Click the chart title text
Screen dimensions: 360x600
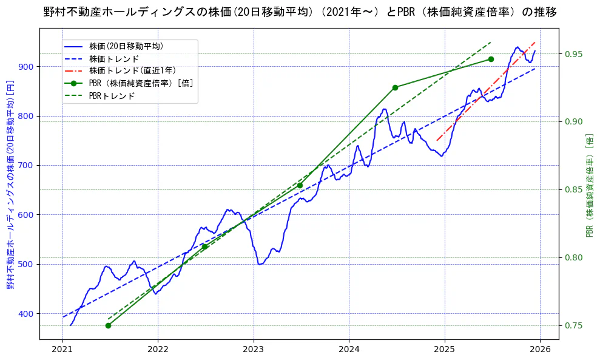(x=300, y=12)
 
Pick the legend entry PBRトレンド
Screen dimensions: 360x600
(x=112, y=96)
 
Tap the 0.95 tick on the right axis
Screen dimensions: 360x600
(x=574, y=54)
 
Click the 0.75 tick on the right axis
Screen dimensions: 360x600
(x=574, y=325)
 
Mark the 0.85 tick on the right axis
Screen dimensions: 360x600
(x=574, y=189)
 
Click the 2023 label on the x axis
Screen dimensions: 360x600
(x=254, y=350)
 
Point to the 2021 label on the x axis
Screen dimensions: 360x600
(x=62, y=350)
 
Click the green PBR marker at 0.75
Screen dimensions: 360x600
(x=108, y=325)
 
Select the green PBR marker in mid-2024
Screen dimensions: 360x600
(x=395, y=87)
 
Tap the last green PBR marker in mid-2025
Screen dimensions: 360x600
(x=491, y=59)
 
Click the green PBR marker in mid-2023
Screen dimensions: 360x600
(x=300, y=185)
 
